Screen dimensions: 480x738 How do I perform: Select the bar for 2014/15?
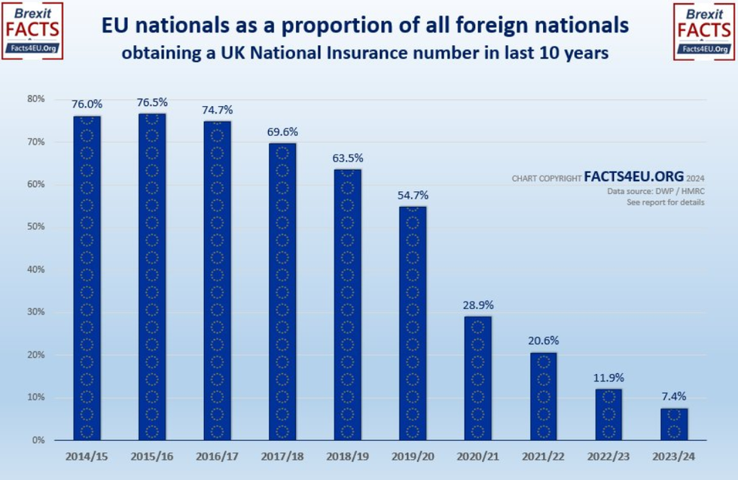click(87, 278)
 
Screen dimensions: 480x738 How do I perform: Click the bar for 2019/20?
click(413, 323)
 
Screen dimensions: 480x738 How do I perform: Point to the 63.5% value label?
click(347, 158)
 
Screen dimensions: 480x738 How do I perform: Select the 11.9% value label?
click(608, 378)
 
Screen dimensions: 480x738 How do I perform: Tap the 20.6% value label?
click(543, 341)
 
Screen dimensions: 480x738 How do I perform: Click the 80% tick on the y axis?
click(36, 99)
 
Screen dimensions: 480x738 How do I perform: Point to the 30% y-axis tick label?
click(36, 311)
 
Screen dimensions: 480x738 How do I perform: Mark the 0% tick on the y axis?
click(38, 439)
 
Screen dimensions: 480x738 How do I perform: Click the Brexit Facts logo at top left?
click(32, 31)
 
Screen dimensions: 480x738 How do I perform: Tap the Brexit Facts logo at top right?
click(704, 31)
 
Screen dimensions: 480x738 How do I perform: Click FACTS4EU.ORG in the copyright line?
click(633, 178)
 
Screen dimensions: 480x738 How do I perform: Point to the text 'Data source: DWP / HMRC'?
click(656, 192)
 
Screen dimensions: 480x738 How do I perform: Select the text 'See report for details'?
click(665, 203)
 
